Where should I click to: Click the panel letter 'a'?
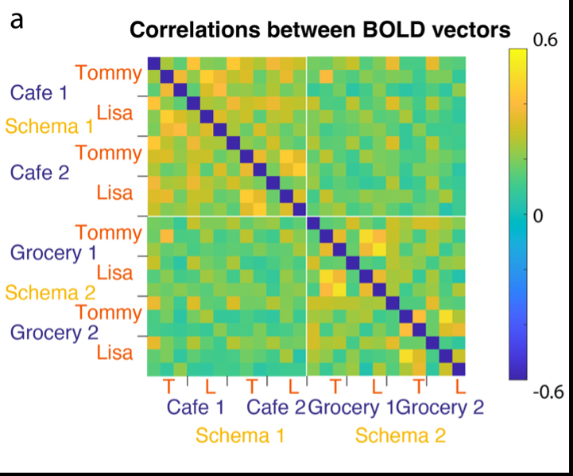[17, 20]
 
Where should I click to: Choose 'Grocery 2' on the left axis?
[54, 332]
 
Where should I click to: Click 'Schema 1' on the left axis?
[49, 126]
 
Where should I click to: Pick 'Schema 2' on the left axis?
[49, 292]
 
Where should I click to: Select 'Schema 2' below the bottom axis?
[400, 435]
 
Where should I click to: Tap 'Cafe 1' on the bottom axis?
[195, 408]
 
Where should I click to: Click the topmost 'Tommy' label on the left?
[110, 73]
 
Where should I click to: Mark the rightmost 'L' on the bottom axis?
[459, 387]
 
